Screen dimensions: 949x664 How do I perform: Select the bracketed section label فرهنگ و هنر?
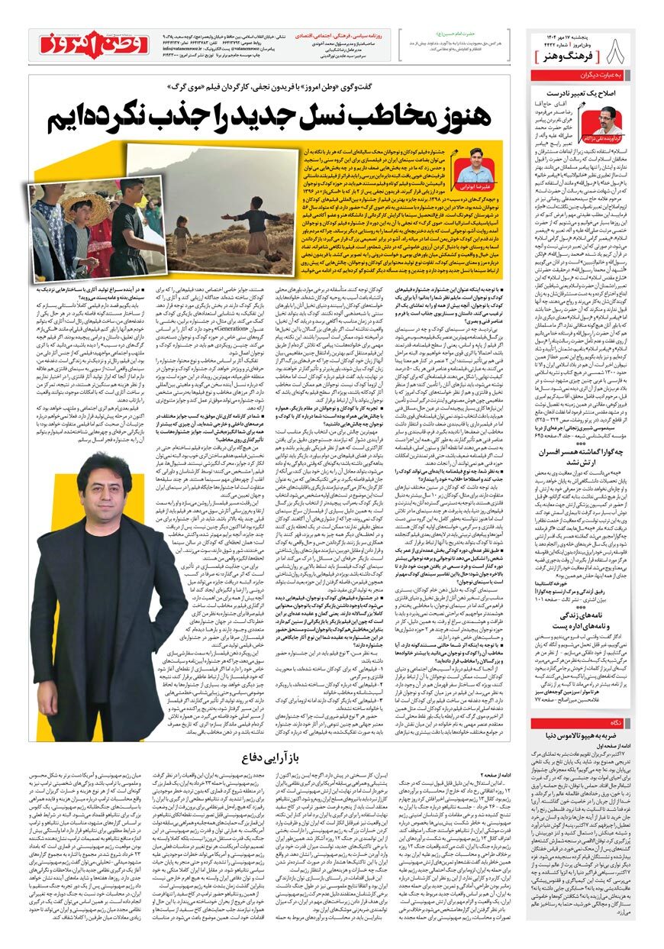tap(562, 56)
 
